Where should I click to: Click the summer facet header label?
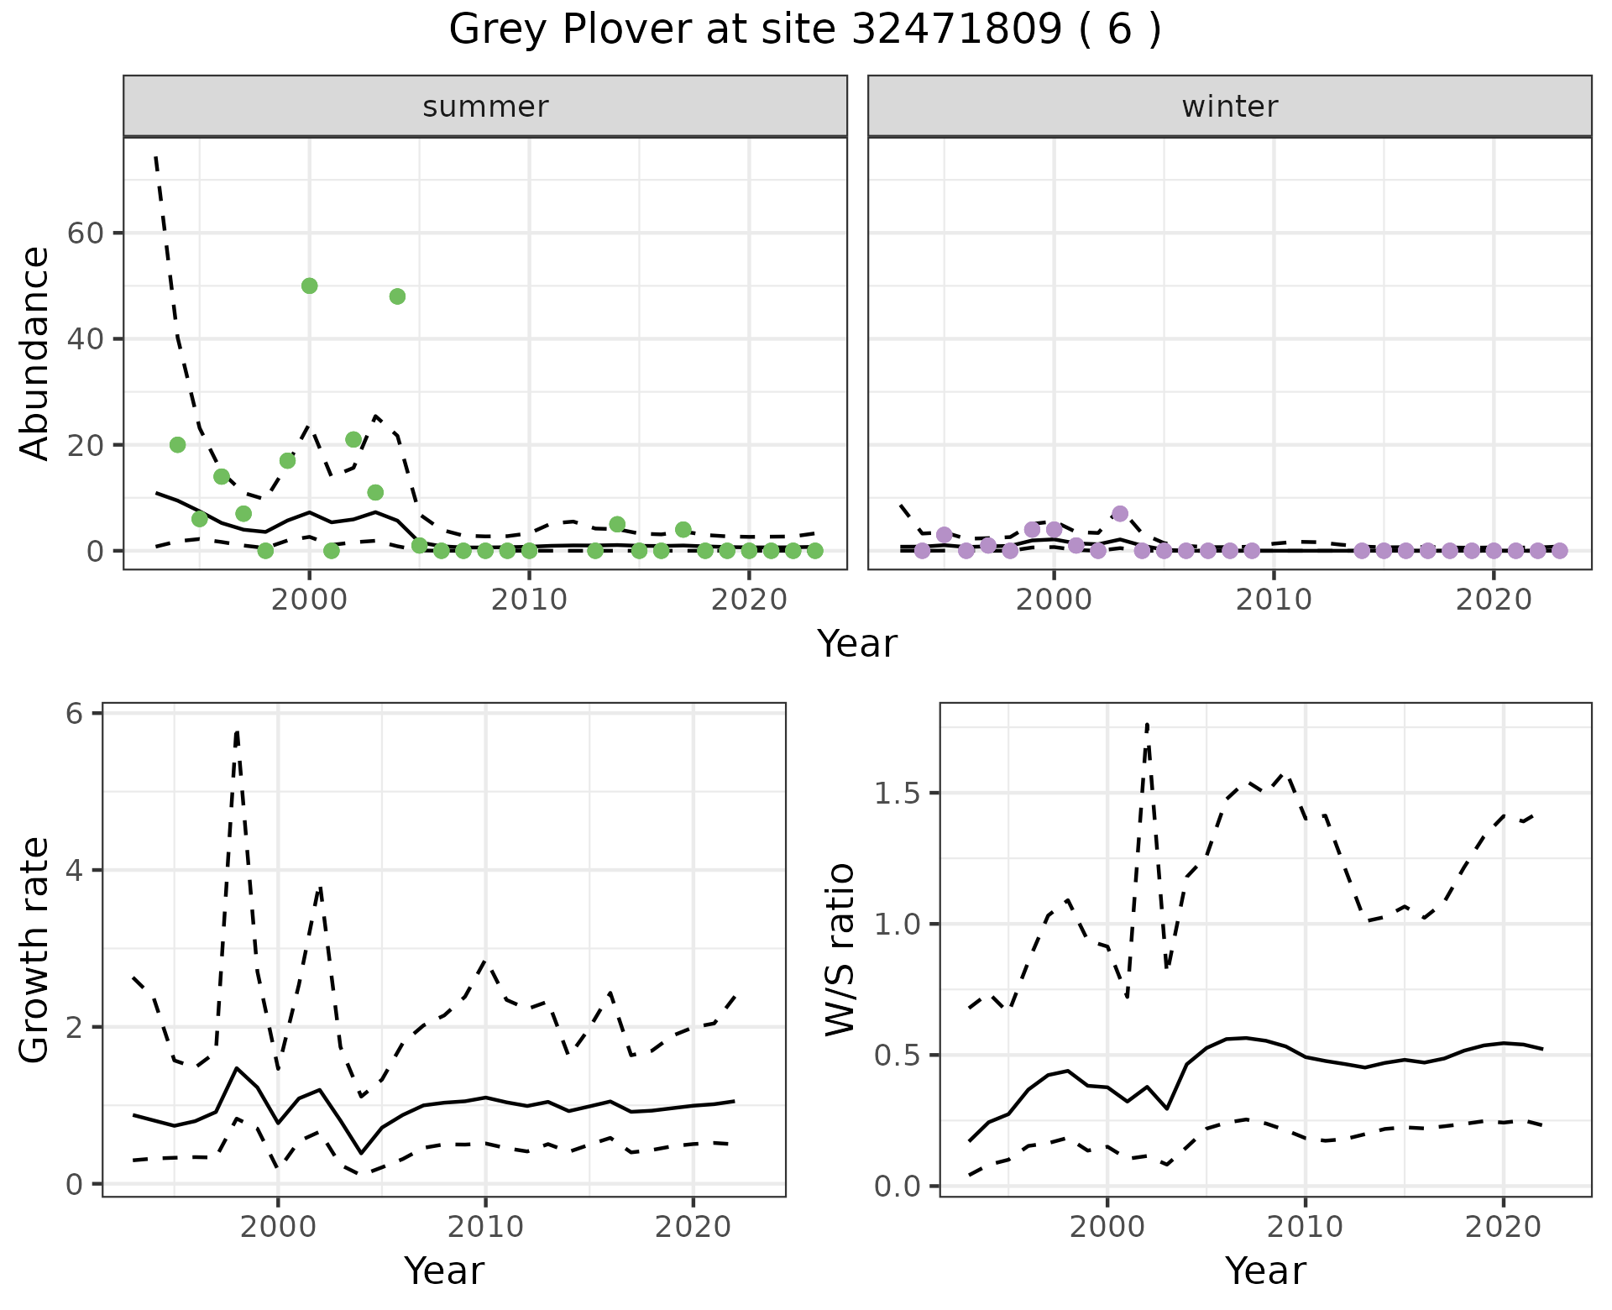click(485, 107)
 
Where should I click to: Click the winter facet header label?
click(1229, 107)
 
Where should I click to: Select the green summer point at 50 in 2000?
click(309, 286)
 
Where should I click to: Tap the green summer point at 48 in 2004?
click(397, 296)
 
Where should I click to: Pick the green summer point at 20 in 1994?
click(177, 444)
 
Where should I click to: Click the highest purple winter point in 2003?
click(1120, 513)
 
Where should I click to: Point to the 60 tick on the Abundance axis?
click(84, 233)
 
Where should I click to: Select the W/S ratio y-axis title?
click(840, 950)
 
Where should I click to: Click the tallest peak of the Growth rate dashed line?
click(238, 732)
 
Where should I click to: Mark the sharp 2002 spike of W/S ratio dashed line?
click(1147, 724)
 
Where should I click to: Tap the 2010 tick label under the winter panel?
click(1274, 600)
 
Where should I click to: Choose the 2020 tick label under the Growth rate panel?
click(693, 1227)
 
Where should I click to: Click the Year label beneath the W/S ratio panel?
click(1265, 1271)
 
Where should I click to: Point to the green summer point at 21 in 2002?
click(353, 439)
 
